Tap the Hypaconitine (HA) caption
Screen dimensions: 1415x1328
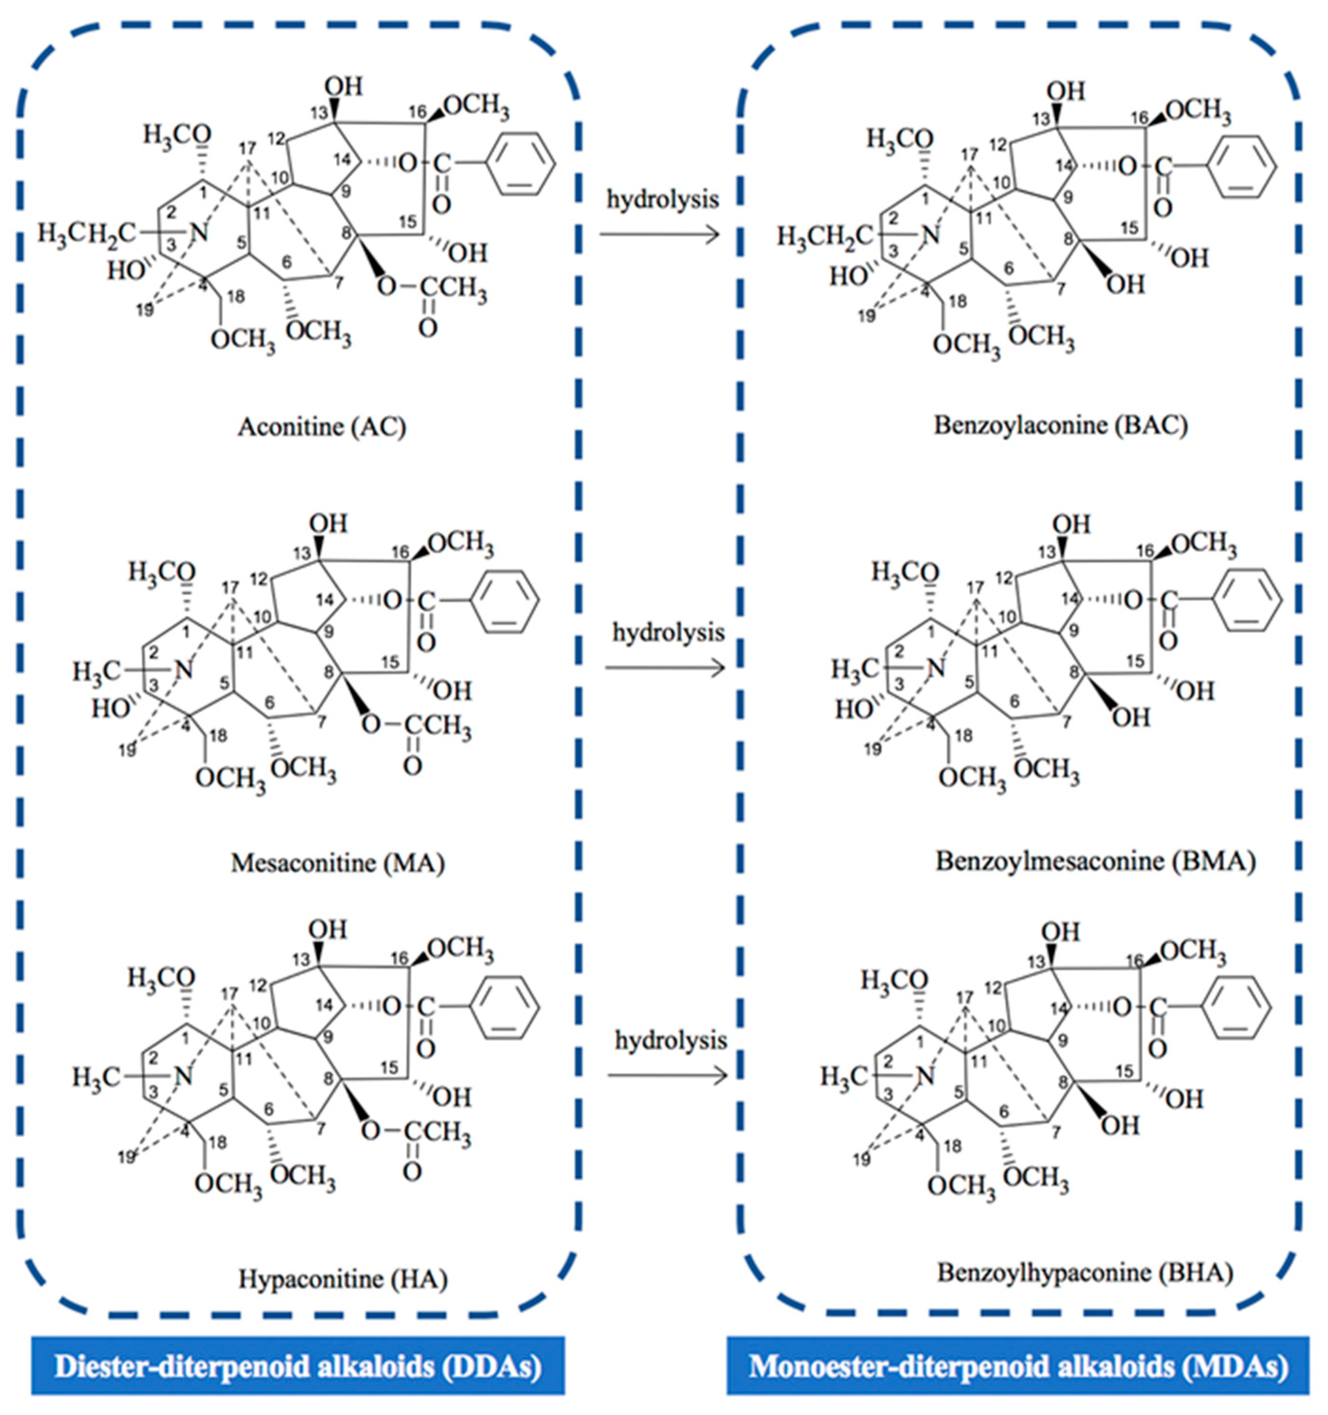tap(342, 1279)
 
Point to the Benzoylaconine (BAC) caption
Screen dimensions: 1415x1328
tap(1060, 425)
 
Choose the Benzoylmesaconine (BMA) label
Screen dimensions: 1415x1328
tap(1095, 861)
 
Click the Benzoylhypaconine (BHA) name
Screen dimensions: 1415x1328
tap(1085, 1272)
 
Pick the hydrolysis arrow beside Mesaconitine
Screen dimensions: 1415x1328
tap(665, 668)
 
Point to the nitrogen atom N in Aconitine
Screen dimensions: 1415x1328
tap(201, 232)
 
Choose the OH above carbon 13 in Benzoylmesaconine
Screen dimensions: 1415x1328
tap(1071, 525)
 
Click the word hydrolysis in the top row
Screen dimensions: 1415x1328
tap(663, 200)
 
